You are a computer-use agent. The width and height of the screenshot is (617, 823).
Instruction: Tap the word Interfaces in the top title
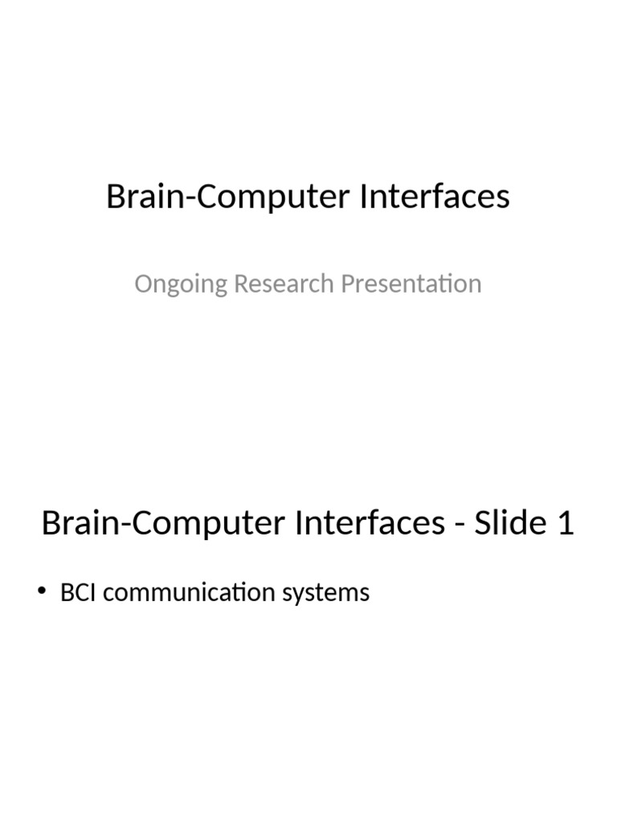click(x=435, y=198)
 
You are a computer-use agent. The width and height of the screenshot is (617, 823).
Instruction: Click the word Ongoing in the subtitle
click(x=181, y=285)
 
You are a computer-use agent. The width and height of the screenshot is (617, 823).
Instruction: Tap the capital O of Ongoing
click(x=144, y=284)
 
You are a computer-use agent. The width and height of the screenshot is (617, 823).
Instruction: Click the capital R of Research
click(x=242, y=284)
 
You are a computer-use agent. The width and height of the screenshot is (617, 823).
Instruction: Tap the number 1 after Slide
click(x=566, y=523)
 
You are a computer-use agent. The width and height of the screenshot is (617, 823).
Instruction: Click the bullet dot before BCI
click(x=43, y=592)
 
